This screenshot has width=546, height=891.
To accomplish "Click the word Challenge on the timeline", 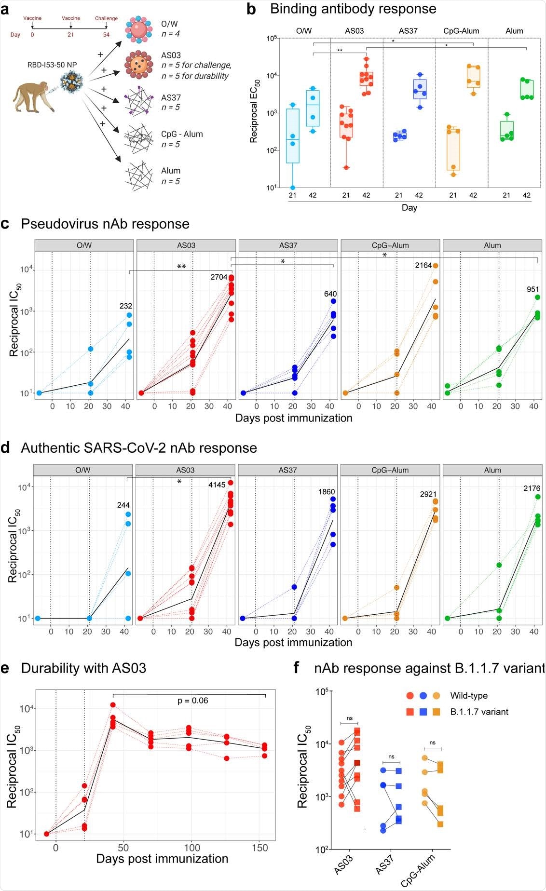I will [x=106, y=18].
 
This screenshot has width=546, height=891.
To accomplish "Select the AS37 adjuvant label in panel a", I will [x=171, y=97].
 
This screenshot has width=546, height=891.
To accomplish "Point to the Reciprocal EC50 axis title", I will [x=254, y=111].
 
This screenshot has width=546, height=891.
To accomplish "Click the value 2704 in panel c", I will [x=218, y=277].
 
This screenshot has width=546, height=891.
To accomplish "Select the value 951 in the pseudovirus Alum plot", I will [x=532, y=290].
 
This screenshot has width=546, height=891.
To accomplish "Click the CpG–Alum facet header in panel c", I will [x=390, y=245].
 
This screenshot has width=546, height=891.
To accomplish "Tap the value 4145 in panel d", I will [x=217, y=485].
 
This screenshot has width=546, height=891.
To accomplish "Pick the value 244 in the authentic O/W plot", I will [x=123, y=505].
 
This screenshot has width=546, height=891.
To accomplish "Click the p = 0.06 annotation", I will [x=192, y=701].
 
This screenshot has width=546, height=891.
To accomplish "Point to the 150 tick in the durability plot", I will [x=260, y=848].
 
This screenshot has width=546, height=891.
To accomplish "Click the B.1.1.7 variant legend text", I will [x=479, y=712].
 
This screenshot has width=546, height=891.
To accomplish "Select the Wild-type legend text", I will [x=468, y=696].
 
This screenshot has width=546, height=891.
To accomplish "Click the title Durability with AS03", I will [x=83, y=668].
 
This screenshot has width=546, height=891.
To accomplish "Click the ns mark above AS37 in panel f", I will [x=391, y=756].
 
